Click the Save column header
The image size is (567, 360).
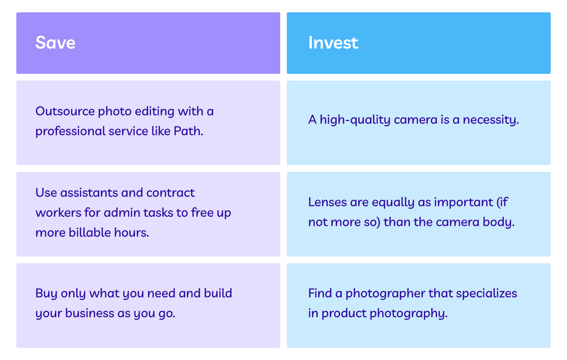click(55, 42)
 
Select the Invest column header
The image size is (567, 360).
click(333, 42)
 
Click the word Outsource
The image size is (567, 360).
click(65, 111)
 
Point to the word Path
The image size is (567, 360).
click(188, 131)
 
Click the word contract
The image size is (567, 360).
click(170, 193)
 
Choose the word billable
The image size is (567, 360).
click(90, 232)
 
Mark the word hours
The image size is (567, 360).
click(131, 232)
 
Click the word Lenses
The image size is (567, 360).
click(328, 202)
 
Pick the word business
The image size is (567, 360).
click(90, 313)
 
